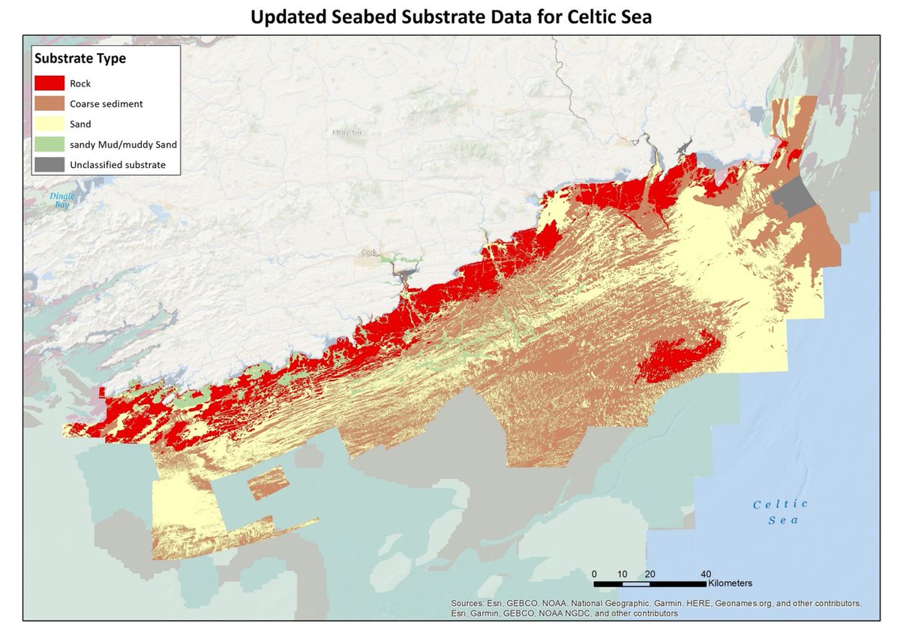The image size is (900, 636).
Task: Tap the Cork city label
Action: [x=368, y=253]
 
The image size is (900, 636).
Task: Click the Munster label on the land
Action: [x=346, y=133]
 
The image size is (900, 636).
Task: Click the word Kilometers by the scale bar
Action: [x=729, y=583]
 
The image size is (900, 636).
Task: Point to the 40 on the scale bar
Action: [x=706, y=574]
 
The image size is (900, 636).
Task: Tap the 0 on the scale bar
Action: [x=594, y=574]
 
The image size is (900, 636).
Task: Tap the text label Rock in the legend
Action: [x=91, y=83]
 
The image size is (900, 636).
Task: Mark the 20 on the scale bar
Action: [x=649, y=574]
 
